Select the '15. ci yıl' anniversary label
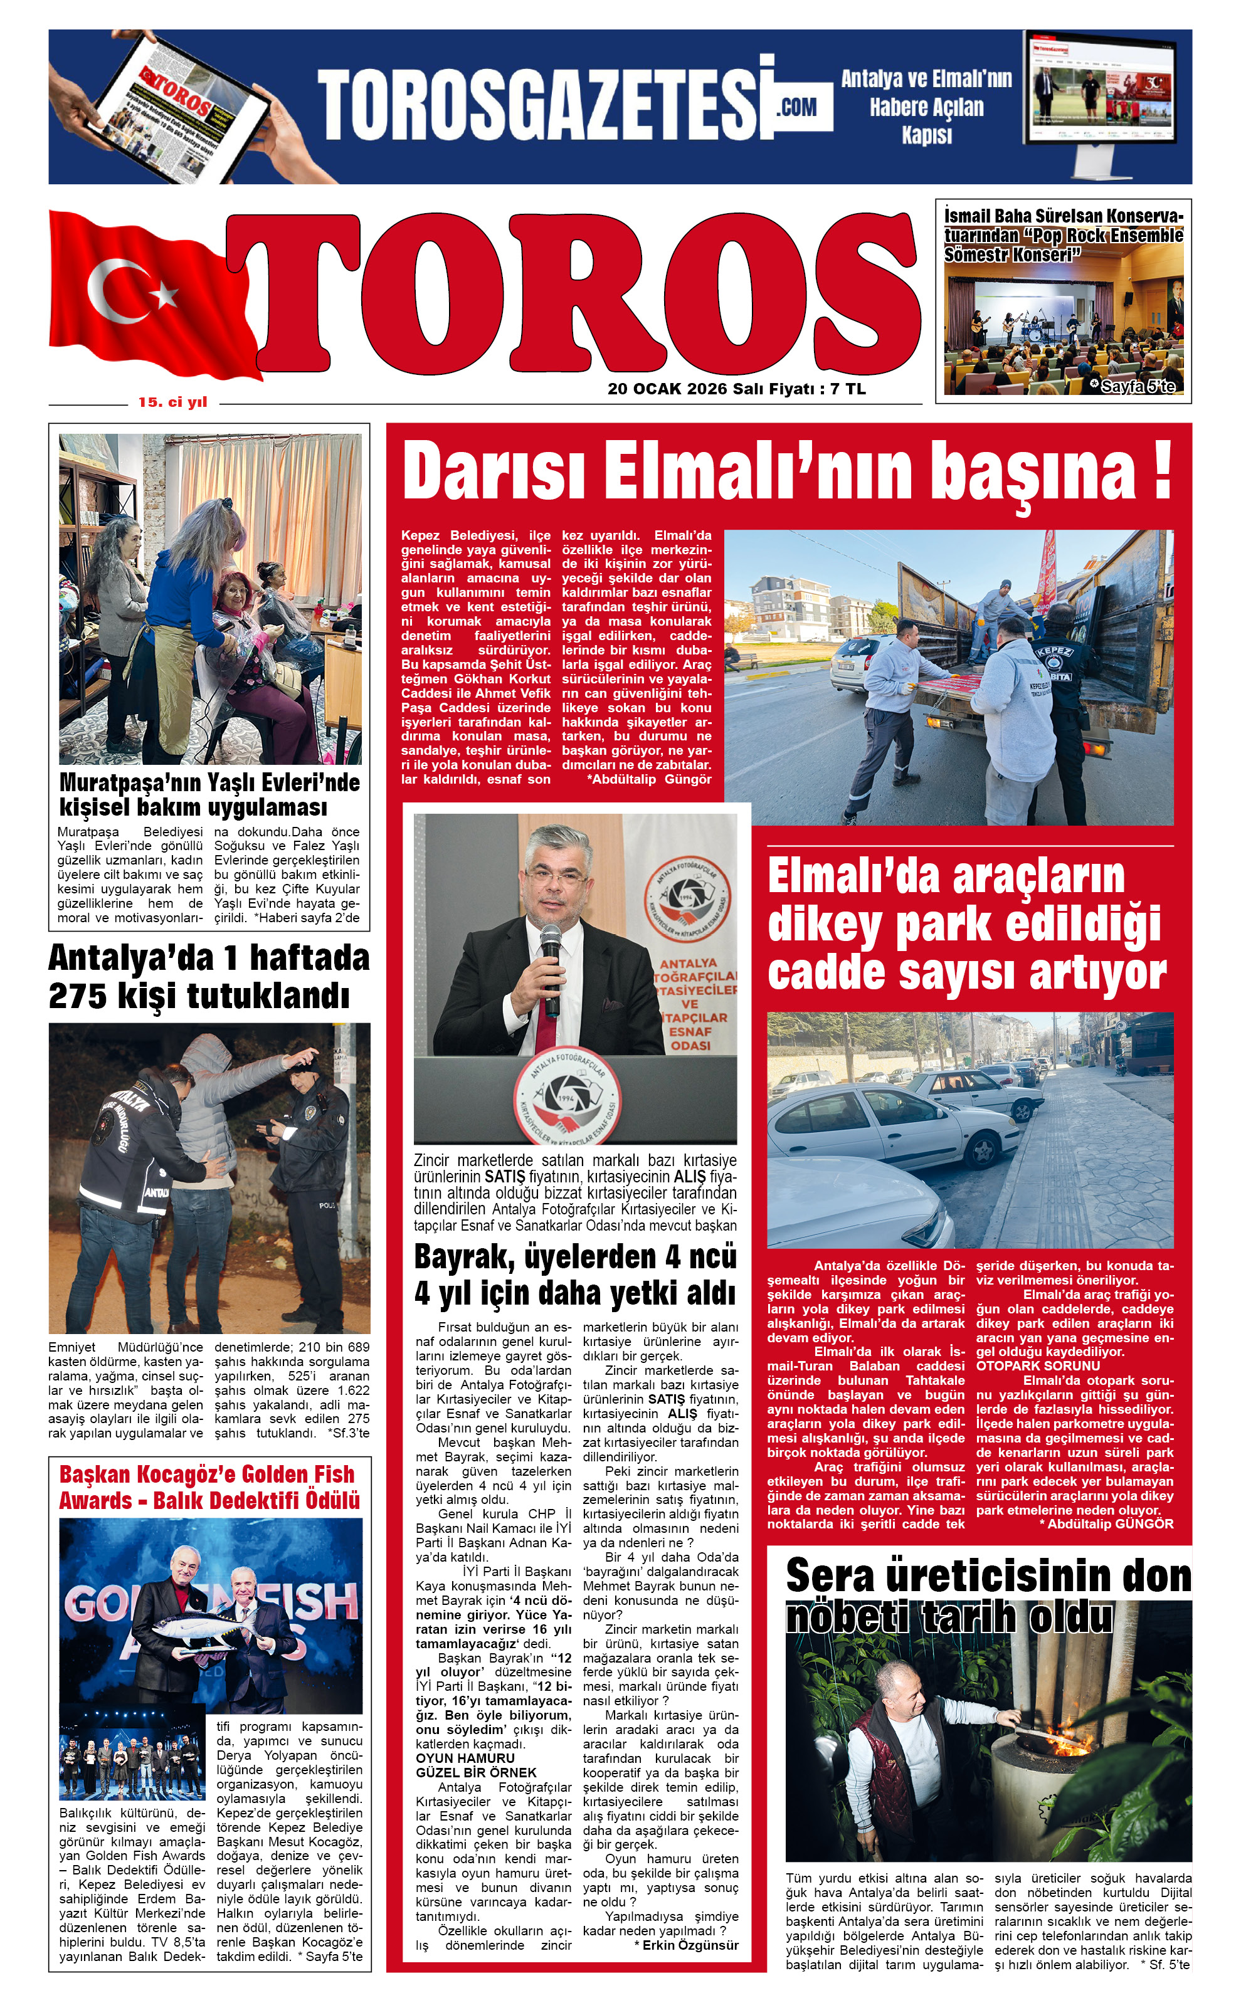pos(172,402)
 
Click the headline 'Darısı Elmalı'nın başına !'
pos(786,471)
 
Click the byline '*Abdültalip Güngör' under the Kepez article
pos(649,779)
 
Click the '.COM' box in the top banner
pos(797,107)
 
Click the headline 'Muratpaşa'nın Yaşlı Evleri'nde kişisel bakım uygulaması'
pos(209,794)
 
